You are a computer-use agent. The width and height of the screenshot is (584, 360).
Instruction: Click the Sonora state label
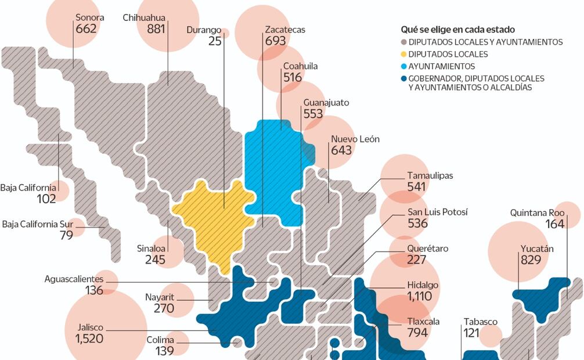pyautogui.click(x=89, y=17)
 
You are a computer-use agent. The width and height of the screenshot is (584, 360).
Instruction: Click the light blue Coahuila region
pyautogui.click(x=273, y=168)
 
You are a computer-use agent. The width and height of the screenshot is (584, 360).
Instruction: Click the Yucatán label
pyautogui.click(x=536, y=249)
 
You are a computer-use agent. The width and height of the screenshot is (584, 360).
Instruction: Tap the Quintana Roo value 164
pyautogui.click(x=555, y=224)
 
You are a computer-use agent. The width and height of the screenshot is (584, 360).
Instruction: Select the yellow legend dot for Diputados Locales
pyautogui.click(x=404, y=54)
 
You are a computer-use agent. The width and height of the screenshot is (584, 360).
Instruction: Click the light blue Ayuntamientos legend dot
pyautogui.click(x=404, y=66)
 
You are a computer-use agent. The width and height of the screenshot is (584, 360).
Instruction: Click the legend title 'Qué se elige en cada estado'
pyautogui.click(x=457, y=29)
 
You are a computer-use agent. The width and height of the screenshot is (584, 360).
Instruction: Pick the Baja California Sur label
pyautogui.click(x=38, y=224)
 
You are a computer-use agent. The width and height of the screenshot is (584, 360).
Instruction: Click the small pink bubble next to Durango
pyautogui.click(x=225, y=33)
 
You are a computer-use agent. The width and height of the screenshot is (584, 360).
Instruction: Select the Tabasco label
pyautogui.click(x=480, y=321)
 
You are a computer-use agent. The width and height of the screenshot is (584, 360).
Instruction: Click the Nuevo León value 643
pyautogui.click(x=341, y=150)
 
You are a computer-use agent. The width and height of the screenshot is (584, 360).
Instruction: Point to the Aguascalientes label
pyautogui.click(x=74, y=279)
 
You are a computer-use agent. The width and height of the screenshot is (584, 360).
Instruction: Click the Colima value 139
pyautogui.click(x=165, y=351)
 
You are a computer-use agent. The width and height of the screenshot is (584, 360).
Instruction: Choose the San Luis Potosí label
pyautogui.click(x=437, y=212)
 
